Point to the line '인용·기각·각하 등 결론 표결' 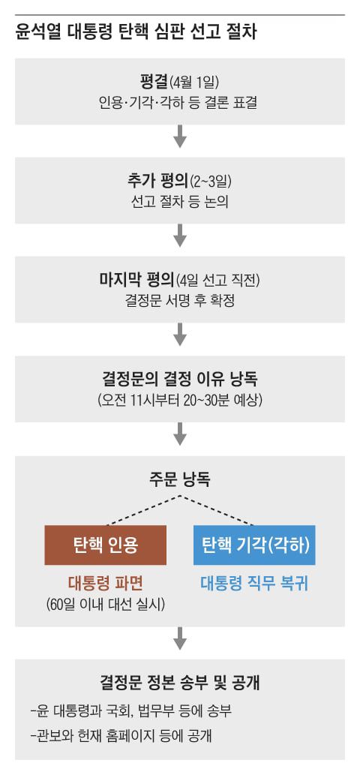(179, 103)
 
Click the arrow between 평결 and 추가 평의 (179, 138)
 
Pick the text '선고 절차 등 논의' (179, 202)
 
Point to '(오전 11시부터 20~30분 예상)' (179, 398)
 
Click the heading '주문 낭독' (179, 479)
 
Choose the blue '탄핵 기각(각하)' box (254, 544)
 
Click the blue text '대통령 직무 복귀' (254, 582)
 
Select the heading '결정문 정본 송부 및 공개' (179, 683)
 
